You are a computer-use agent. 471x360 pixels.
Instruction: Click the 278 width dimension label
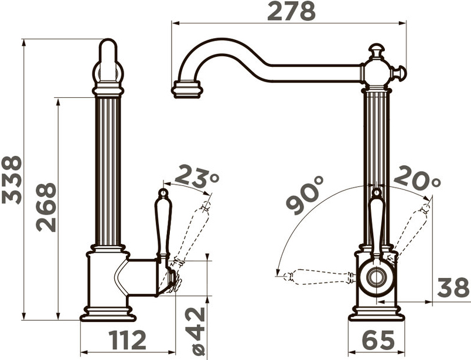pyautogui.click(x=291, y=11)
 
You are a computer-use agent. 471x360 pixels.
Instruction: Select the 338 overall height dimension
pyautogui.click(x=12, y=180)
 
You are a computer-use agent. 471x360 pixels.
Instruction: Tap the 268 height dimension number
pyautogui.click(x=46, y=208)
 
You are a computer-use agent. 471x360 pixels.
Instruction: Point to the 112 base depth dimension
pyautogui.click(x=128, y=341)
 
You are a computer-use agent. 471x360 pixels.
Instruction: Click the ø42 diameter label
pyautogui.click(x=195, y=331)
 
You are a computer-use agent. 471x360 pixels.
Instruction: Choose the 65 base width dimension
pyautogui.click(x=379, y=340)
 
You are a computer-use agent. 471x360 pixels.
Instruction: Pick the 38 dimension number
pyautogui.click(x=453, y=288)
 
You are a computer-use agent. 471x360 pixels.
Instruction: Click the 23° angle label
pyautogui.click(x=197, y=175)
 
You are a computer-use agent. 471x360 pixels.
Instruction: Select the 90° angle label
pyautogui.click(x=305, y=195)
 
